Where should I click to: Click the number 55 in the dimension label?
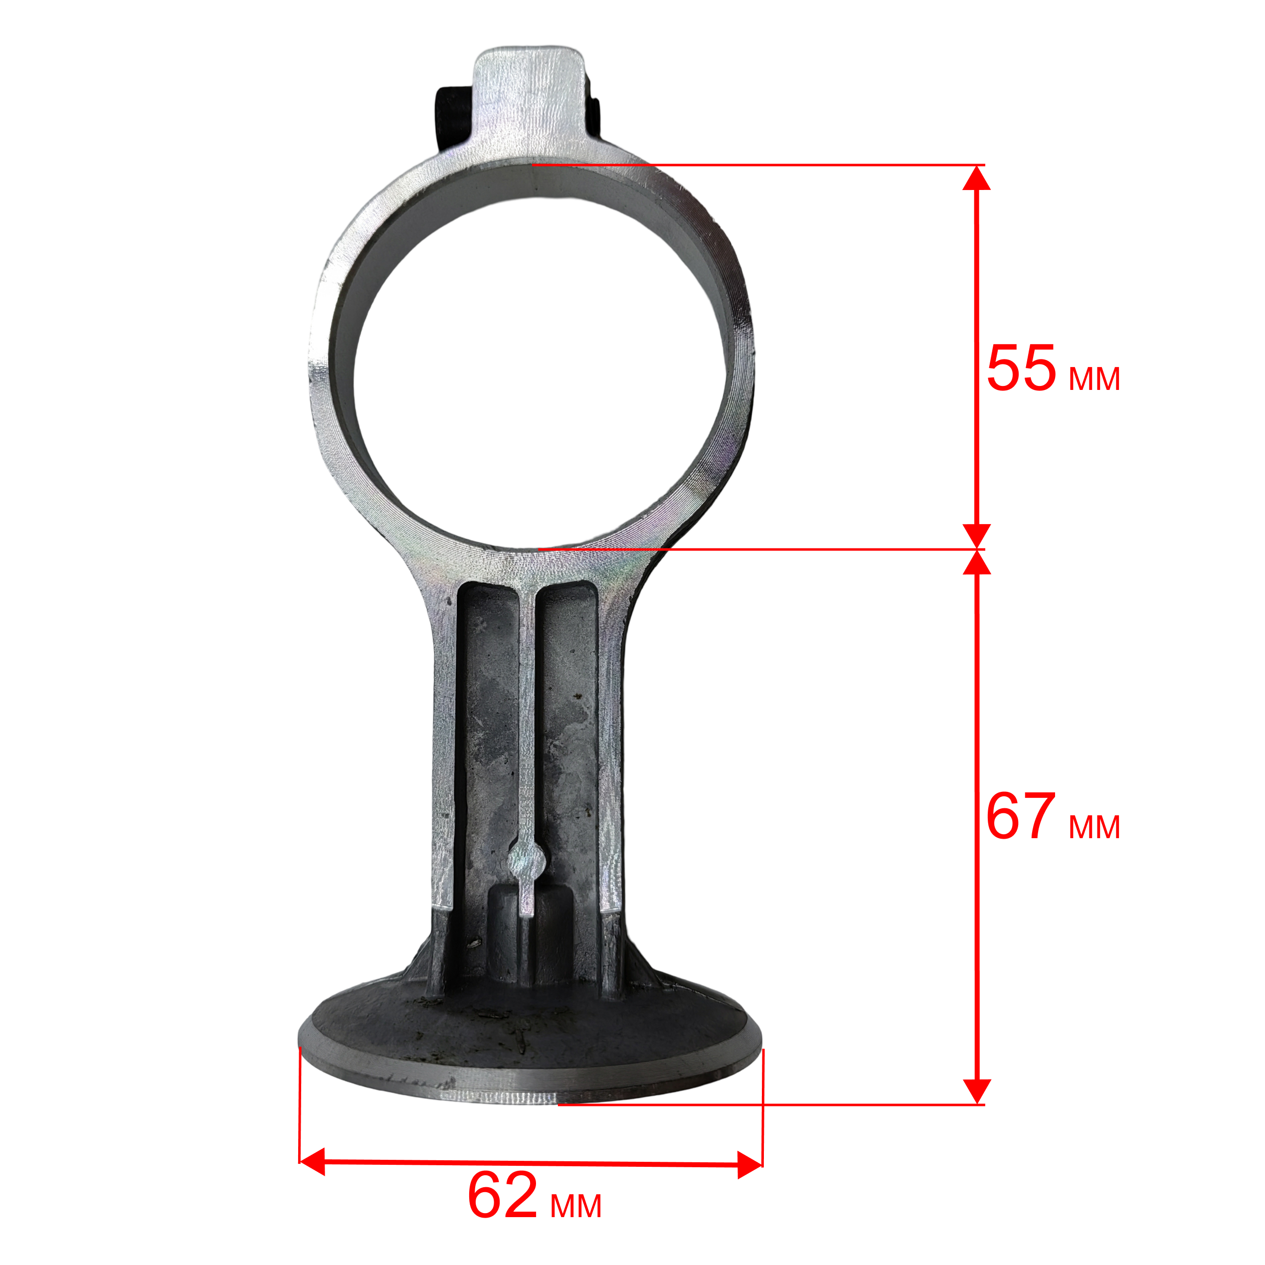click(1022, 368)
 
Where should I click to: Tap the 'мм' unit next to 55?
click(1094, 379)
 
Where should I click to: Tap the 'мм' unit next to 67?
click(1094, 828)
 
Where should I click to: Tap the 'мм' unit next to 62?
click(575, 1206)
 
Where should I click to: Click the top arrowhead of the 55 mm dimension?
click(976, 178)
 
